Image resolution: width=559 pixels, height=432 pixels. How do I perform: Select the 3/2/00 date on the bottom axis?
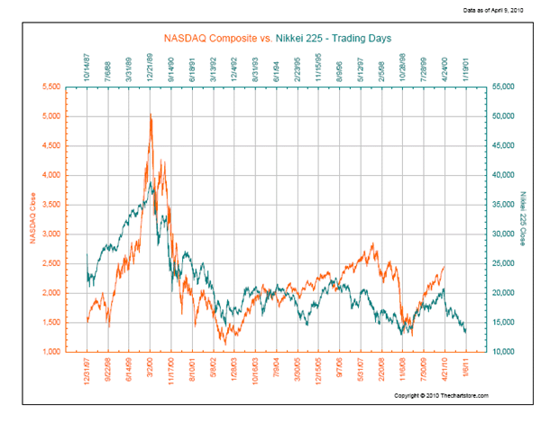coord(151,370)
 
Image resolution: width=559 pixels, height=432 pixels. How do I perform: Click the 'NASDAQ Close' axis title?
coord(32,218)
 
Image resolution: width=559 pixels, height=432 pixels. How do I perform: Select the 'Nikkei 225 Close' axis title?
coord(521,218)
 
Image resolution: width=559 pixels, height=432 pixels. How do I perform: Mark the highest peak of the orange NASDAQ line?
coord(150,115)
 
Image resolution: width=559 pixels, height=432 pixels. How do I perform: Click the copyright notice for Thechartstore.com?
coord(441,396)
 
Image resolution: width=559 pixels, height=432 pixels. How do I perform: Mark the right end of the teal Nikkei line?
coord(466,331)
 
